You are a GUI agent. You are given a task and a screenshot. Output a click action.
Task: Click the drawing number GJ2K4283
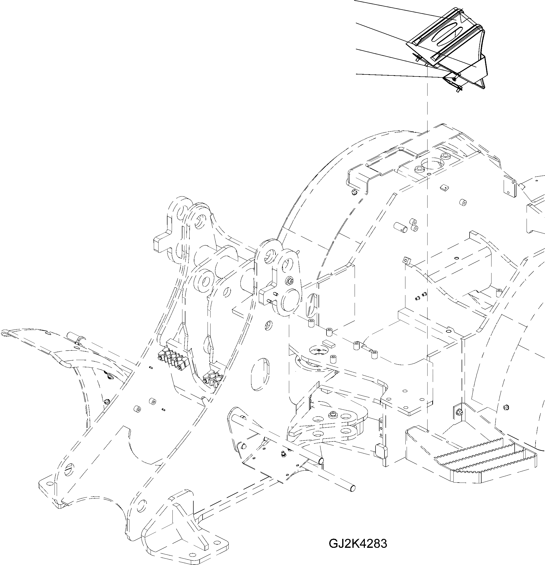click(358, 543)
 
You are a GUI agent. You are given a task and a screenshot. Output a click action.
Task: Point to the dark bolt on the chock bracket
click(454, 79)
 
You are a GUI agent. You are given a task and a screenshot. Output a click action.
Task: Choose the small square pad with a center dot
click(444, 188)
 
